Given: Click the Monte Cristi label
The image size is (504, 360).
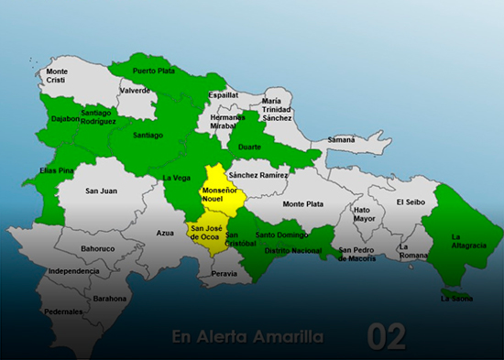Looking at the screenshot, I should [57, 76].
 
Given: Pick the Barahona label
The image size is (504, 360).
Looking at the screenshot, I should [110, 298].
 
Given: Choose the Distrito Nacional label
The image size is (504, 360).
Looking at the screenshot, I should [292, 250].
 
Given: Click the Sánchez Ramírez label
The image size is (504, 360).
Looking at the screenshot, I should [258, 174].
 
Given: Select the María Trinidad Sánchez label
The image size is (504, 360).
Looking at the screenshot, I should [276, 110].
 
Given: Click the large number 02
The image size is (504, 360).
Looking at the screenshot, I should [386, 337].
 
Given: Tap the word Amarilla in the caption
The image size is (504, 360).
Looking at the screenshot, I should [290, 336].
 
